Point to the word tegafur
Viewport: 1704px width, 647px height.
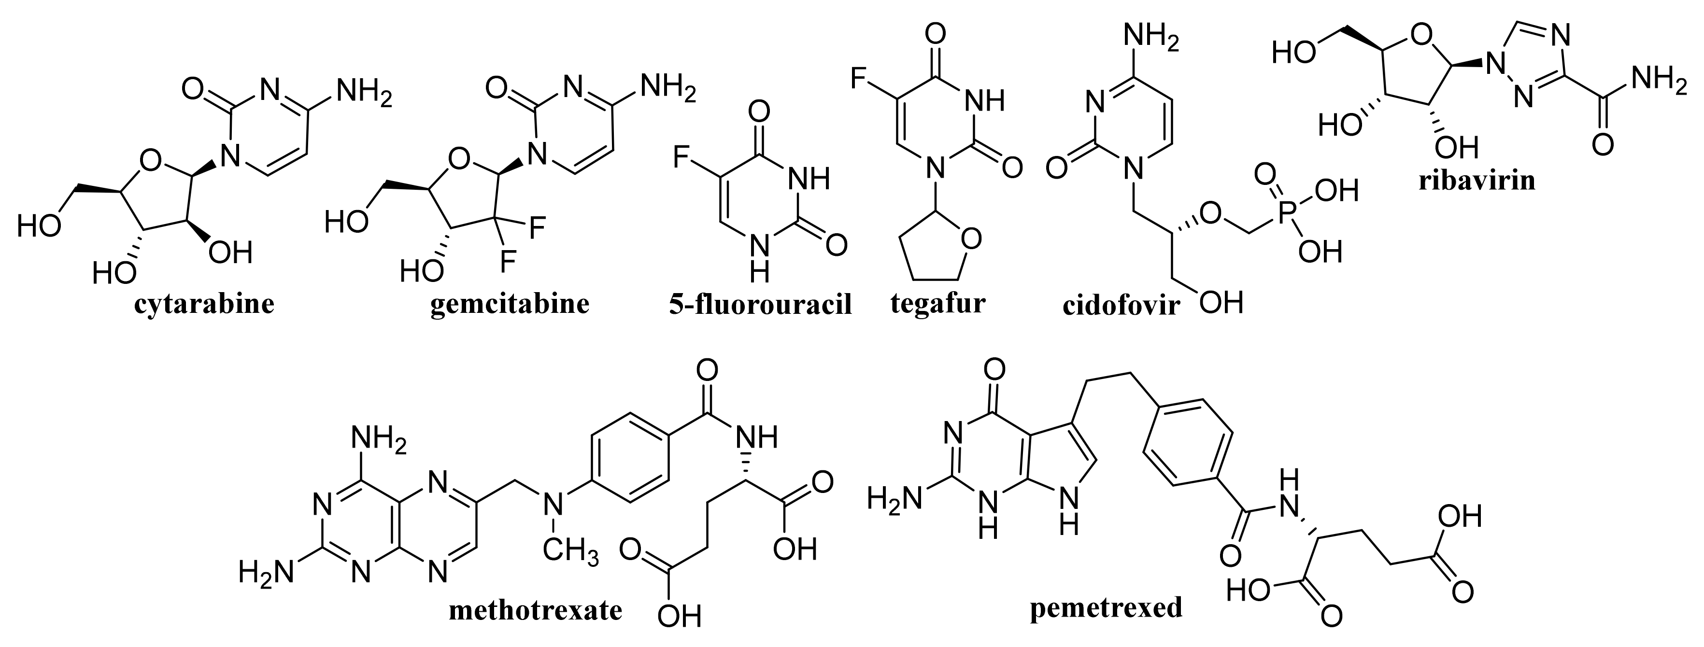click(x=938, y=303)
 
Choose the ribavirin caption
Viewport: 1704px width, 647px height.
click(x=1477, y=180)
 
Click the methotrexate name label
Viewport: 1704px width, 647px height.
click(x=535, y=610)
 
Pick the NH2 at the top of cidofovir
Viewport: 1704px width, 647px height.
click(x=1151, y=36)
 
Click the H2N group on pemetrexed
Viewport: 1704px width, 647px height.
click(x=895, y=497)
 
